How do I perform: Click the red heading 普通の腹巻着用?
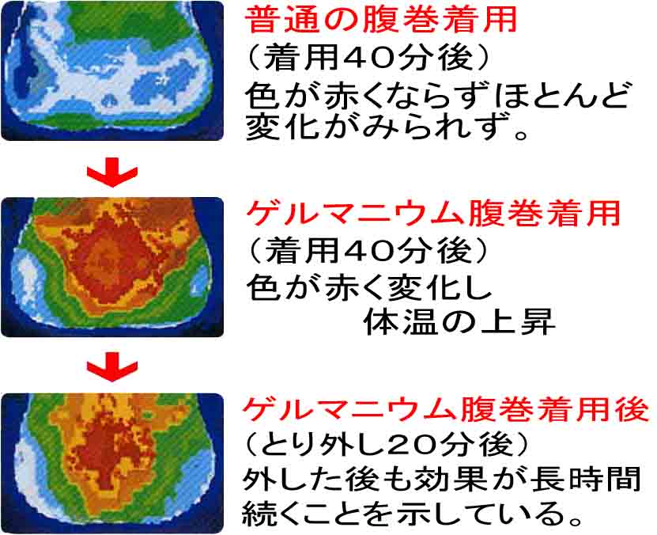pyautogui.click(x=380, y=20)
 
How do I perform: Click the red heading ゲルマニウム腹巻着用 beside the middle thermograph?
pyautogui.click(x=432, y=214)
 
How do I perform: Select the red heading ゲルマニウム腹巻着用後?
pyautogui.click(x=446, y=409)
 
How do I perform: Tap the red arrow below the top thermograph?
pyautogui.click(x=112, y=172)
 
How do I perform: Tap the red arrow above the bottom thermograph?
pyautogui.click(x=112, y=366)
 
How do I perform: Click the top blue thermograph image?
pyautogui.click(x=112, y=70)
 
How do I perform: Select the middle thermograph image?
pyautogui.click(x=112, y=267)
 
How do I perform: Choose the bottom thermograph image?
pyautogui.click(x=112, y=463)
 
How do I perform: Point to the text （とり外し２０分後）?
pyautogui.click(x=386, y=445)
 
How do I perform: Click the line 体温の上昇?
pyautogui.click(x=459, y=322)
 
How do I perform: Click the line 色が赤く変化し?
pyautogui.click(x=368, y=288)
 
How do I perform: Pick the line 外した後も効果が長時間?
pyautogui.click(x=442, y=479)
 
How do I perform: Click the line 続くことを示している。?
pyautogui.click(x=413, y=513)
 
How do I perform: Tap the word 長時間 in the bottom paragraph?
pyautogui.click(x=586, y=479)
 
